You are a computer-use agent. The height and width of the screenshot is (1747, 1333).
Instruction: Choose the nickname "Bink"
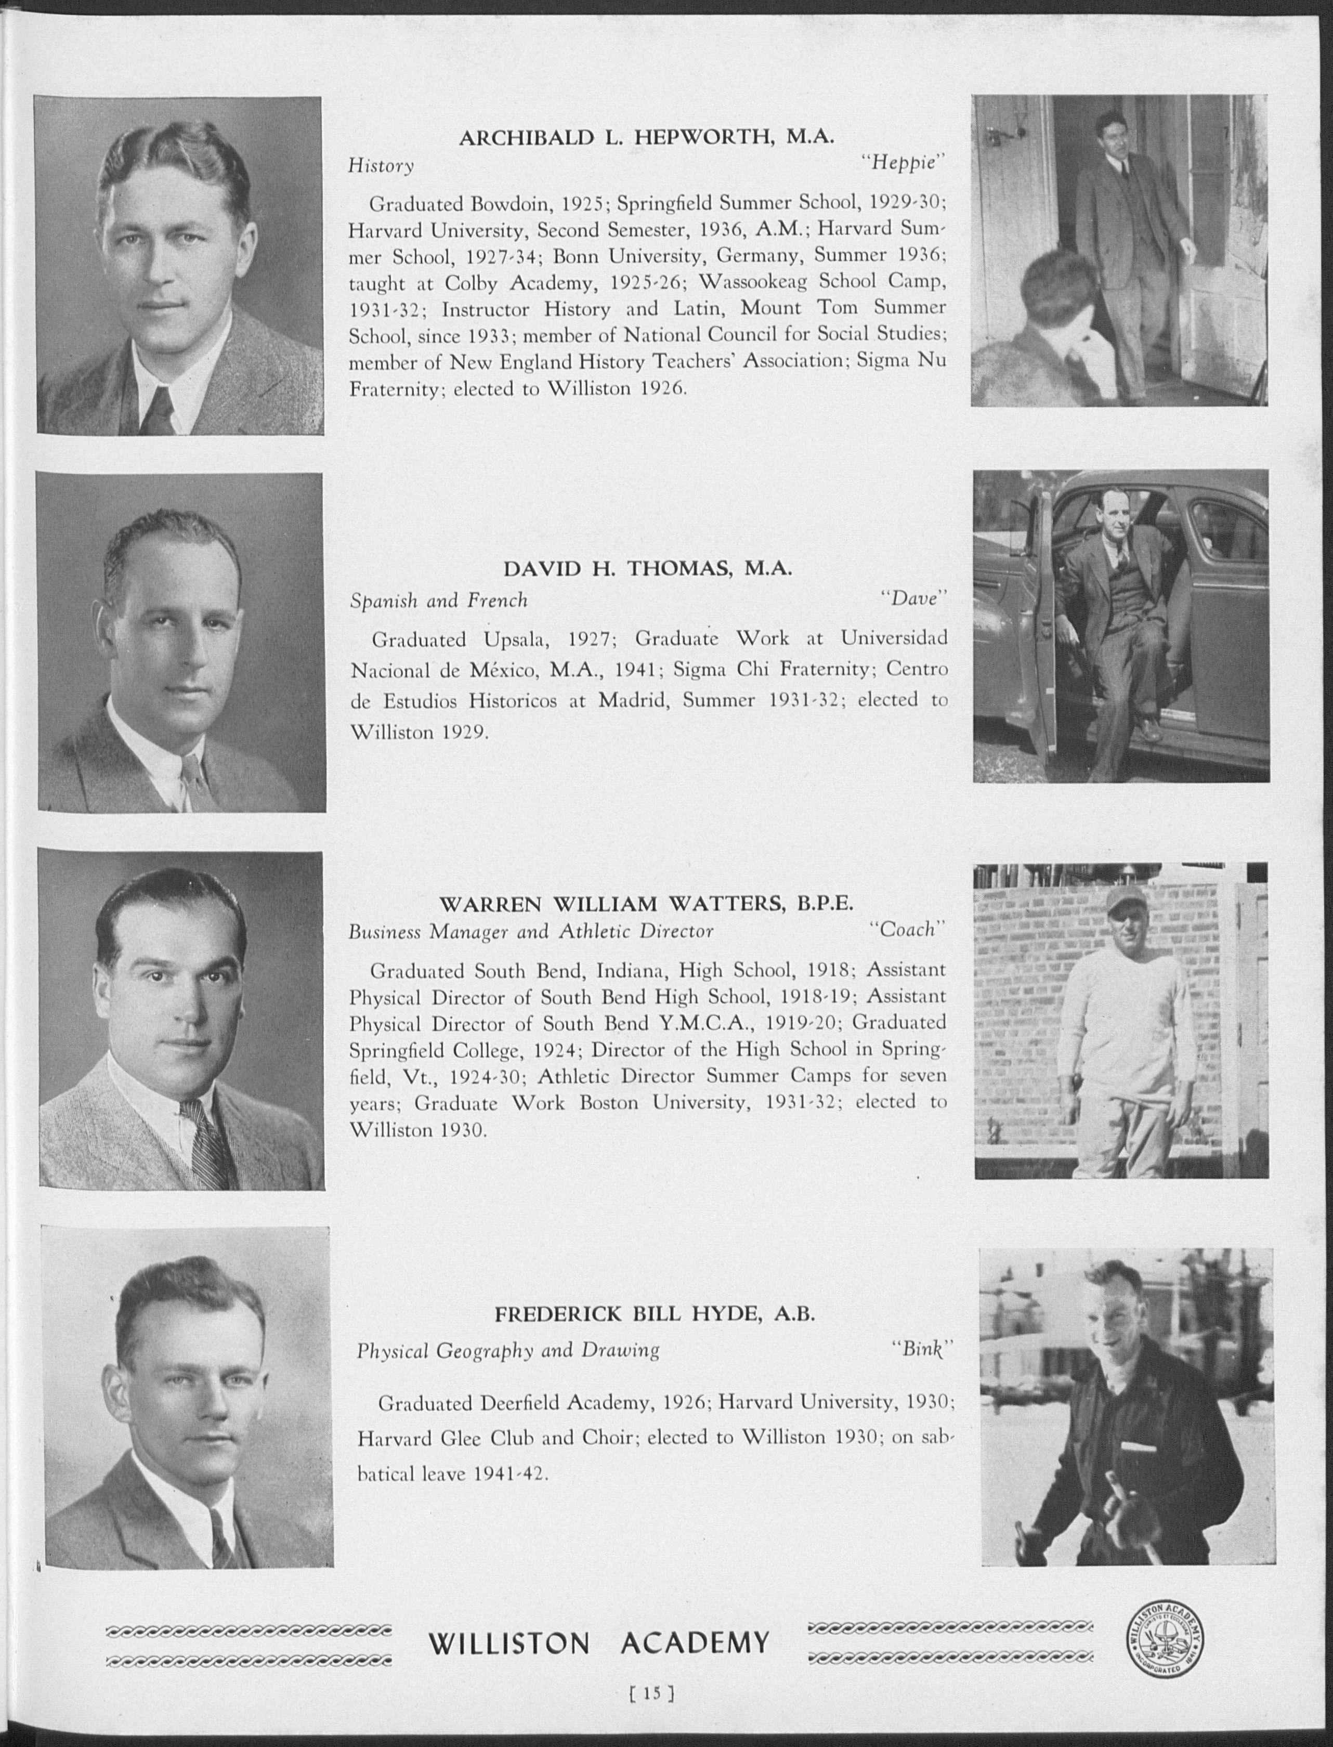pos(920,1349)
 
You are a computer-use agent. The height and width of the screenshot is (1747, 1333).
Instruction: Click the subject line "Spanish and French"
pos(439,601)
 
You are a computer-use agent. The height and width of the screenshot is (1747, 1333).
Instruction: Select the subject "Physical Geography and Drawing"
pos(508,1350)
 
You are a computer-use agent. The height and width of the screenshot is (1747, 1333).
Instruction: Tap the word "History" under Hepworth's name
pos(381,166)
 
